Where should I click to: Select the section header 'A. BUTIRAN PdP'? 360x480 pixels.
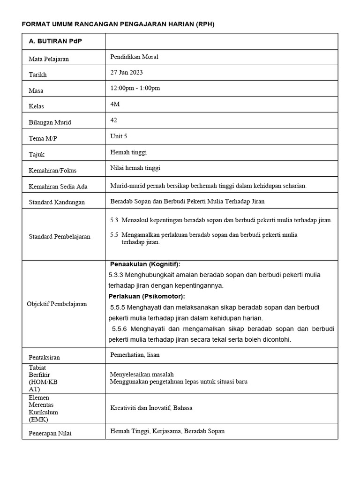click(55, 41)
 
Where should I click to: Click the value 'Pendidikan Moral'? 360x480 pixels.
click(134, 57)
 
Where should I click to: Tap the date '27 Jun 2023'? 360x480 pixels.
click(127, 72)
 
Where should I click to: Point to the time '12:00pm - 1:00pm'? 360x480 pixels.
click(135, 88)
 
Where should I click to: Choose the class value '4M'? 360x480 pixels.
click(115, 104)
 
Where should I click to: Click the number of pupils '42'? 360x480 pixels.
click(113, 120)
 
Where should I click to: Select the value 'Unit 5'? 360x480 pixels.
click(118, 136)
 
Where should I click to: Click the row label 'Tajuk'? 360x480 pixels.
click(37, 154)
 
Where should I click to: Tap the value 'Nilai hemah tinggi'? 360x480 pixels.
click(135, 168)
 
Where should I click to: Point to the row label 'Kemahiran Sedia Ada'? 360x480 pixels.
click(58, 186)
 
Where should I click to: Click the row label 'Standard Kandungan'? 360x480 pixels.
click(57, 202)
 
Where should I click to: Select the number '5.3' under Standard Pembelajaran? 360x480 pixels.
click(114, 220)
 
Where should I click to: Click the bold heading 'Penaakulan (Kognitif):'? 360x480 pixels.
click(145, 264)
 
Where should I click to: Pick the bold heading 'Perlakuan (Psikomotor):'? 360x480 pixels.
click(147, 296)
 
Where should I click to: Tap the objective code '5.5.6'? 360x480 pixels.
click(120, 329)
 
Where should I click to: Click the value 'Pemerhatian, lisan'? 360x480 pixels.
click(135, 355)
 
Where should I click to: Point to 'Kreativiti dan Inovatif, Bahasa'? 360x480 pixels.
click(151, 408)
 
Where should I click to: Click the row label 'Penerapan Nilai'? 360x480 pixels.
click(50, 433)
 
